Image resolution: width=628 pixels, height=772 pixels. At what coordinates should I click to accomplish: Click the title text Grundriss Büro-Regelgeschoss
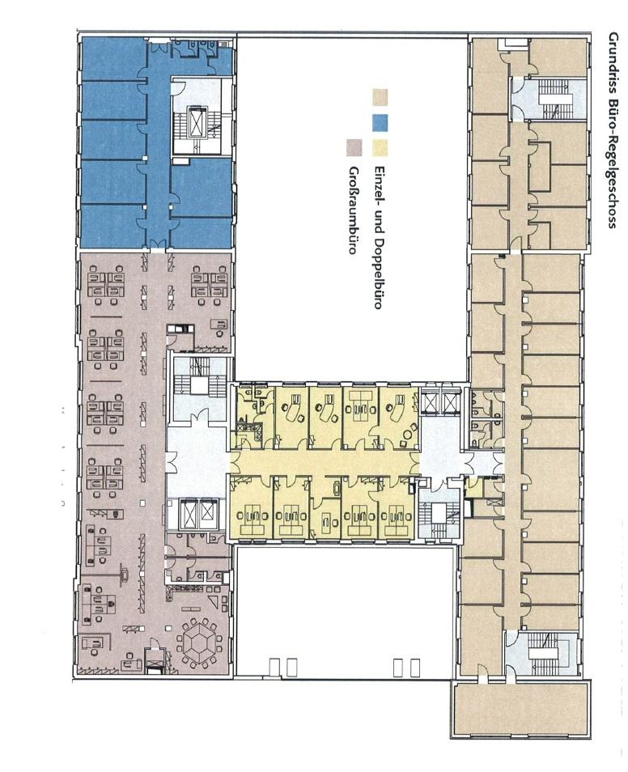[x=613, y=130]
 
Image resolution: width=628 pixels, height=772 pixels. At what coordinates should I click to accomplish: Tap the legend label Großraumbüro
[x=353, y=210]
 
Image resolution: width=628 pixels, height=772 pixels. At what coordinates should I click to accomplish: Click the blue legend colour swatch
[x=380, y=122]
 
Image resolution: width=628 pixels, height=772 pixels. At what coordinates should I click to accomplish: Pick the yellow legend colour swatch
[x=380, y=148]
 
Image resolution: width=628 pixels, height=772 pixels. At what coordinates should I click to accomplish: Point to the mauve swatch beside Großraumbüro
[x=354, y=148]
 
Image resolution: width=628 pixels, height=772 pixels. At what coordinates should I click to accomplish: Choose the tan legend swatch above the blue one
[x=380, y=97]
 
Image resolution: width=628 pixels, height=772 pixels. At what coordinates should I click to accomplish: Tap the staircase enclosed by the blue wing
[x=200, y=123]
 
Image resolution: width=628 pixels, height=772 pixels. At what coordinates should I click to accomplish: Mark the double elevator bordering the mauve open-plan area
[x=198, y=514]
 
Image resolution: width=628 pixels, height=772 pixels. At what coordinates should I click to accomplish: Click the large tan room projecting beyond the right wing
[x=520, y=709]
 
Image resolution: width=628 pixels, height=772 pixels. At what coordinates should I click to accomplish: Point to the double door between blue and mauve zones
[x=157, y=244]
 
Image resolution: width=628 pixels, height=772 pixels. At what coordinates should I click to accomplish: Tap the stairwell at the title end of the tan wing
[x=550, y=98]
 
